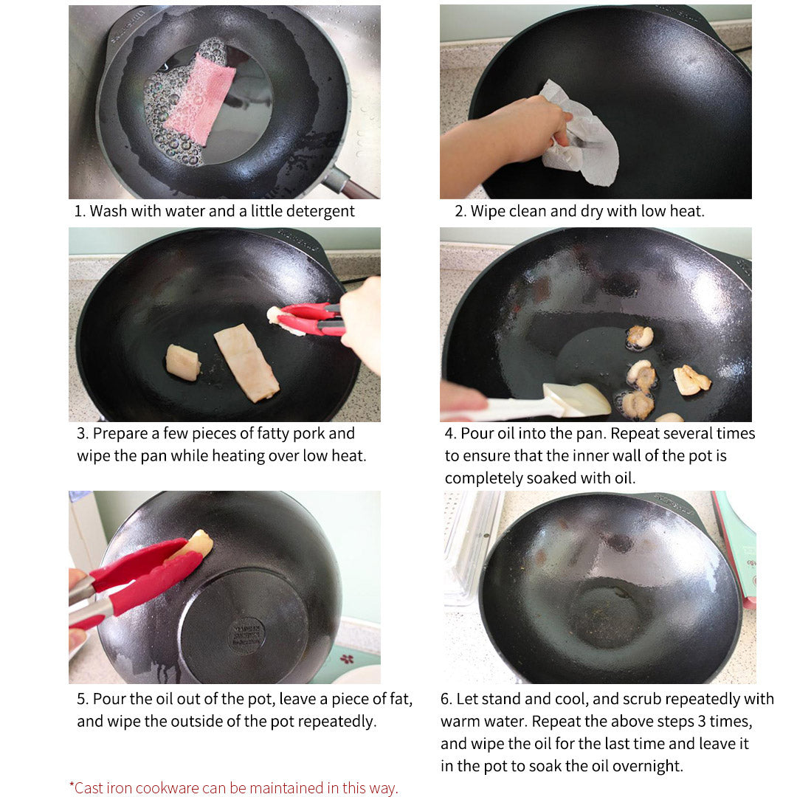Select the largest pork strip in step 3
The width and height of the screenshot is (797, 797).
pyautogui.click(x=246, y=364)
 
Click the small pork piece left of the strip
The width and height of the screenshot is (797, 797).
pyautogui.click(x=182, y=362)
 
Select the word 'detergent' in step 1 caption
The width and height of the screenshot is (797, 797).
pyautogui.click(x=319, y=211)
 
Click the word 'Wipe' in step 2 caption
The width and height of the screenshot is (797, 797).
pyautogui.click(x=489, y=211)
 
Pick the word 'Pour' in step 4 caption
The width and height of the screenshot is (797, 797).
pyautogui.click(x=477, y=433)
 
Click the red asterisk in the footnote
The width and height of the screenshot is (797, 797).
pyautogui.click(x=72, y=786)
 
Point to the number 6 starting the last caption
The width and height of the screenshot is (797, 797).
pyautogui.click(x=445, y=699)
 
